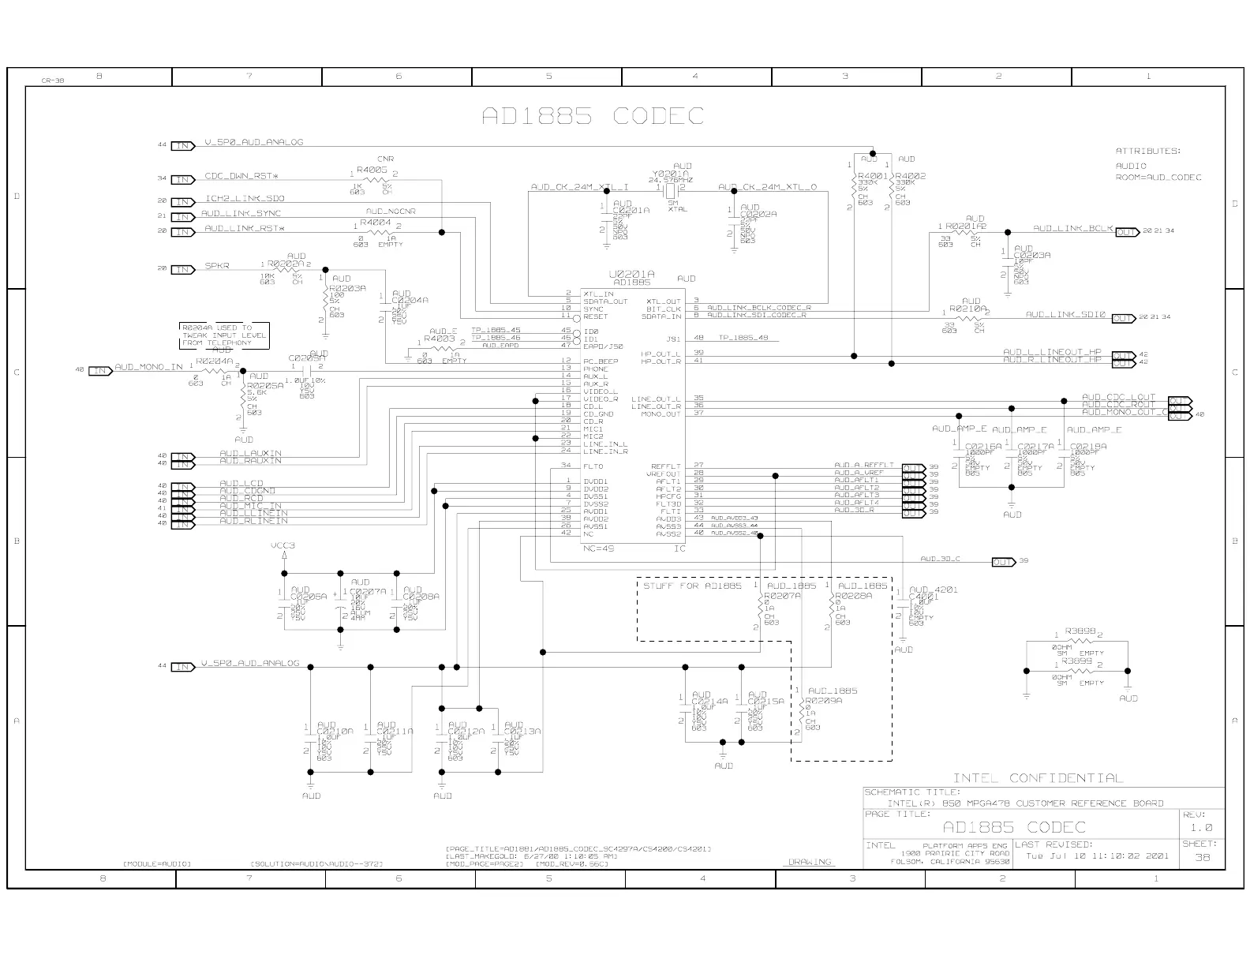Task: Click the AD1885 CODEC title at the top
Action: pyautogui.click(x=593, y=117)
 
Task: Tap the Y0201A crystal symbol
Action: pyautogui.click(x=671, y=189)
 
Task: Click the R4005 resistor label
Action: pyautogui.click(x=371, y=170)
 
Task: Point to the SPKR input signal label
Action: pyautogui.click(x=217, y=266)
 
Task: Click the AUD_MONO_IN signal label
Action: pyautogui.click(x=148, y=367)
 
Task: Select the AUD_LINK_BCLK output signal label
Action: pyautogui.click(x=1072, y=228)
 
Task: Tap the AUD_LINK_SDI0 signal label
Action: pyautogui.click(x=1065, y=314)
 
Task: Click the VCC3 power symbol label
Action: pyautogui.click(x=283, y=545)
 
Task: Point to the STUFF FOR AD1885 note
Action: pyautogui.click(x=692, y=586)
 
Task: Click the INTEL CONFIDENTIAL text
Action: pyautogui.click(x=1037, y=778)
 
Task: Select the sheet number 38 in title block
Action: pyautogui.click(x=1202, y=858)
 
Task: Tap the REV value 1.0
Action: pyautogui.click(x=1202, y=828)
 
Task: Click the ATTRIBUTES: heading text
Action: pyautogui.click(x=1147, y=151)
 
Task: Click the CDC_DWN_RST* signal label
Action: pyautogui.click(x=241, y=176)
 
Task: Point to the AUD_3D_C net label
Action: pyautogui.click(x=940, y=559)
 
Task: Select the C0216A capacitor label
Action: pyautogui.click(x=983, y=446)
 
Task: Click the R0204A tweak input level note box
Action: pyautogui.click(x=224, y=335)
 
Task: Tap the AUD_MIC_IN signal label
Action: pyautogui.click(x=250, y=506)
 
